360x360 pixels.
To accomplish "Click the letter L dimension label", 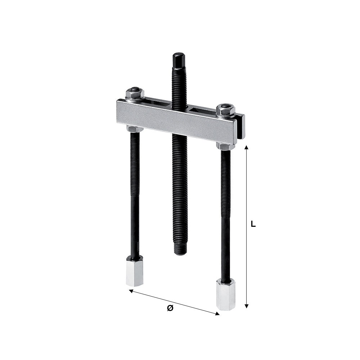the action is tap(253, 224).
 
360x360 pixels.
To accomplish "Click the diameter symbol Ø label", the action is tap(170, 308).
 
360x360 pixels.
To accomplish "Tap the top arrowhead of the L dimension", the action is tap(247, 147).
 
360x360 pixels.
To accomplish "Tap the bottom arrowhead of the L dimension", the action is tap(247, 306).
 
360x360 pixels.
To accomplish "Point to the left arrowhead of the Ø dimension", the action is tap(131, 291).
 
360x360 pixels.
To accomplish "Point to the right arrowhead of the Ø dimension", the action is tap(217, 314).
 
